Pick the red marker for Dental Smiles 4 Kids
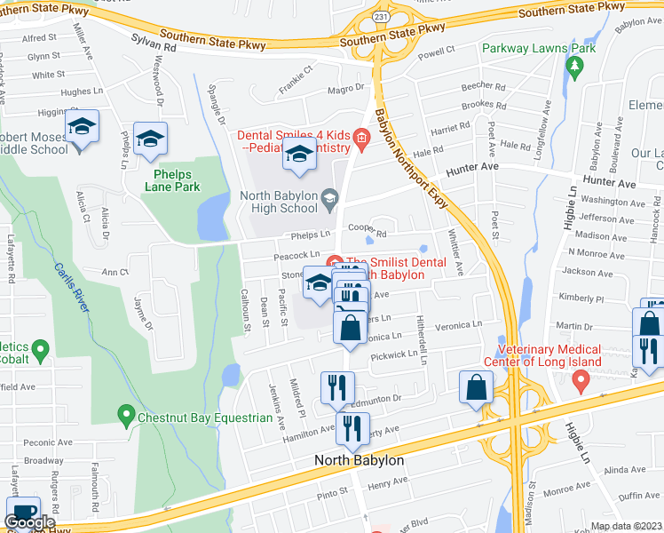click(360, 136)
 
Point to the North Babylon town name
click(360, 460)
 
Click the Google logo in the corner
click(29, 522)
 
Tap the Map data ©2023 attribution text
click(625, 526)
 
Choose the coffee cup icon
click(23, 512)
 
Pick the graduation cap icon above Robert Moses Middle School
click(82, 127)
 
